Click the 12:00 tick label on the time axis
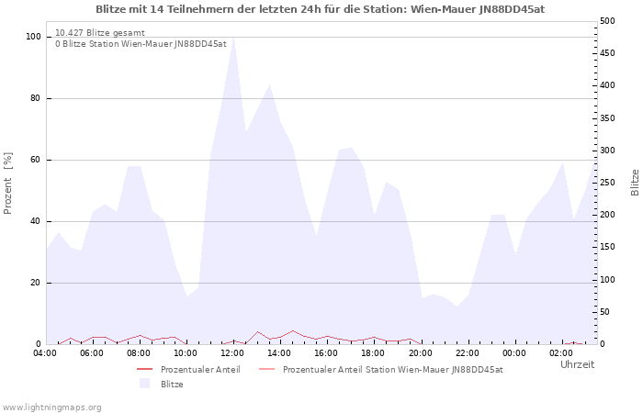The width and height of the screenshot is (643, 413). tap(233, 353)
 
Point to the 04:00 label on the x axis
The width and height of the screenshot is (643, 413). tap(45, 353)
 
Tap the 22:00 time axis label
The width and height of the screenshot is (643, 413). tap(468, 353)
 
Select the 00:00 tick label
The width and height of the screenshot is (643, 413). tap(514, 353)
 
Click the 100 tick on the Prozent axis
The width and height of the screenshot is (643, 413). tap(33, 37)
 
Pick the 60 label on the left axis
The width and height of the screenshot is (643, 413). tap(36, 160)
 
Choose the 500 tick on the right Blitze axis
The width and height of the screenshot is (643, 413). tap(607, 21)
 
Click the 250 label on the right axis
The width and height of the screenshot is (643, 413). tap(607, 183)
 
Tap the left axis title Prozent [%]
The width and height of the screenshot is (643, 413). tap(7, 184)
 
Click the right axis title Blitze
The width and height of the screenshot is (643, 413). tap(635, 183)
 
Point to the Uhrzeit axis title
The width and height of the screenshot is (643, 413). tap(578, 364)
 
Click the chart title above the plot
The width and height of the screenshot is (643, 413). tap(321, 9)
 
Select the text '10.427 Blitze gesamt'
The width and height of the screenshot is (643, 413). tap(100, 33)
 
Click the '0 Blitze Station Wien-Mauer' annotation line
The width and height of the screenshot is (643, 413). tap(141, 44)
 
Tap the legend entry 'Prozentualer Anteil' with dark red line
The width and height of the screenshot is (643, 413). tap(188, 370)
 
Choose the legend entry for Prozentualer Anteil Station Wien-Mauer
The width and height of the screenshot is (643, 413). tap(381, 370)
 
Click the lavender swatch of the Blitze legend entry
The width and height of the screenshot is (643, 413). tap(144, 384)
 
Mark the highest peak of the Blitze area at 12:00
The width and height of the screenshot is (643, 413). tap(233, 38)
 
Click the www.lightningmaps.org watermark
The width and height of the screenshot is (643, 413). tap(51, 407)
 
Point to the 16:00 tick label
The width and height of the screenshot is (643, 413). tap(326, 353)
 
